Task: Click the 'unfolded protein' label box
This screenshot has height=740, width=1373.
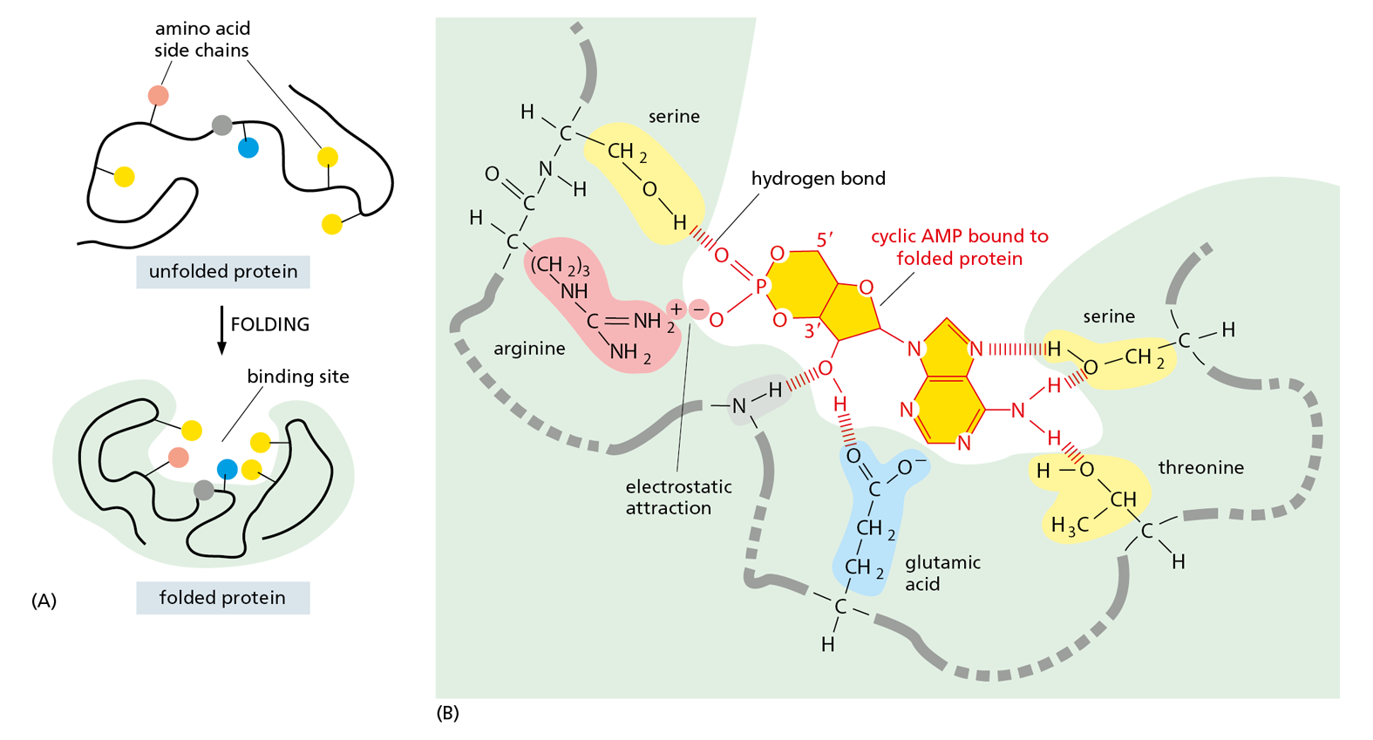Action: (x=223, y=272)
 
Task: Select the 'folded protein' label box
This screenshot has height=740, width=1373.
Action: (x=222, y=598)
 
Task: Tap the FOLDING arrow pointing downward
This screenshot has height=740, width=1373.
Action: (x=221, y=331)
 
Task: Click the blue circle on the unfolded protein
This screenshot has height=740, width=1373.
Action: (x=248, y=147)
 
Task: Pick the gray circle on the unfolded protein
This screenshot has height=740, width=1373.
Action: (x=222, y=126)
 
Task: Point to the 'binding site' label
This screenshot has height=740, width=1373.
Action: (x=298, y=377)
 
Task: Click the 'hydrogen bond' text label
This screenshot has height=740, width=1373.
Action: (x=818, y=179)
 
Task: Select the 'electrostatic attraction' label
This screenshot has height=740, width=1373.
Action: (x=678, y=497)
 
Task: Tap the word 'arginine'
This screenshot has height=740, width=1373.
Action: (x=529, y=349)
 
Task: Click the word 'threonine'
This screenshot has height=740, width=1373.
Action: (x=1200, y=468)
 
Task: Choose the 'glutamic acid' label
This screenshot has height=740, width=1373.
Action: (x=942, y=573)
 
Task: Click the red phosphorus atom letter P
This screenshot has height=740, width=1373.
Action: (x=761, y=287)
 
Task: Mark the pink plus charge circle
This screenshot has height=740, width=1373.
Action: (x=676, y=309)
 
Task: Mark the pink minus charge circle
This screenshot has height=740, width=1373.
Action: (x=698, y=309)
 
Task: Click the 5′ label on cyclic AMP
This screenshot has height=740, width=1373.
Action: (x=825, y=238)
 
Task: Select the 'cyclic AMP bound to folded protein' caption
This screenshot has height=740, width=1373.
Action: (x=959, y=248)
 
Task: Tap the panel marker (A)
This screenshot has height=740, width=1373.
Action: (x=44, y=601)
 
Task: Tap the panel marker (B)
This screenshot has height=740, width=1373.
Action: (x=447, y=713)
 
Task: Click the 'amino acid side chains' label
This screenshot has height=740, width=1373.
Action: (x=201, y=40)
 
